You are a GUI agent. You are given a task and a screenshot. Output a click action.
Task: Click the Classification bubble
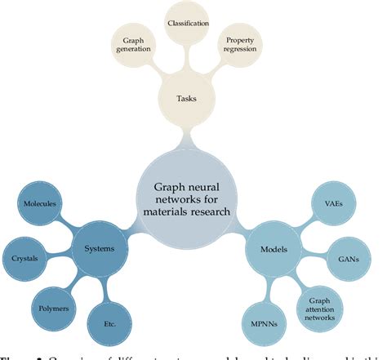[188, 24]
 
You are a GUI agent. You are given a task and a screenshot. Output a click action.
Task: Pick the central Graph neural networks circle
[187, 199]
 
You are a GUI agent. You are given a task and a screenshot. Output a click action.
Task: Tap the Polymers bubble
[54, 309]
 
